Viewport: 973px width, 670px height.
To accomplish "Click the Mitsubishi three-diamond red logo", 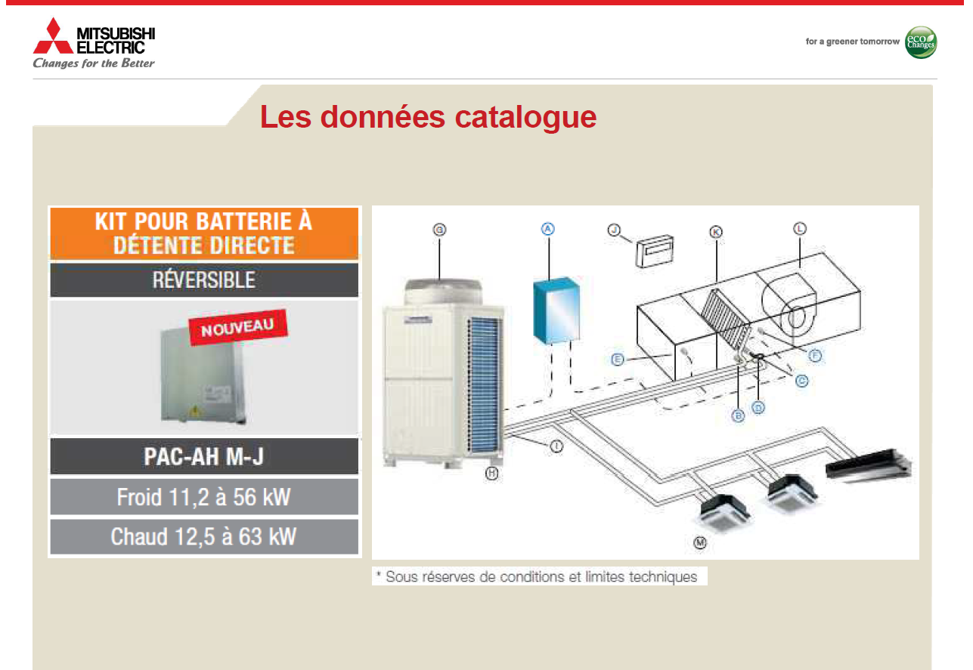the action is tap(53, 36).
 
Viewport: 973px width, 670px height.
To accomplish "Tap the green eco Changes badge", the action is tap(920, 42).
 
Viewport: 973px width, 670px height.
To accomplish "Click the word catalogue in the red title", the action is tap(525, 117).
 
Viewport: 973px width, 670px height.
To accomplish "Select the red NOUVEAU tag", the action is tap(237, 327).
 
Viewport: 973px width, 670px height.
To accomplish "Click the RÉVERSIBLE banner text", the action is tap(203, 280).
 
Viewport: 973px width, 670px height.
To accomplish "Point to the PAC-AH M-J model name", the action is tap(203, 456).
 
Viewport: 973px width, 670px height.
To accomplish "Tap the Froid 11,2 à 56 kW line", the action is tap(203, 497).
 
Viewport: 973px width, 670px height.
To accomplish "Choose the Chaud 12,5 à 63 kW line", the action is tap(203, 537).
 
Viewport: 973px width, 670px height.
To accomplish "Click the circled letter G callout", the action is tap(439, 230).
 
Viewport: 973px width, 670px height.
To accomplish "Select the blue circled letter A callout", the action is tap(548, 229).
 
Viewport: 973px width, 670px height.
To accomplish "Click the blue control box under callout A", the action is tap(556, 310).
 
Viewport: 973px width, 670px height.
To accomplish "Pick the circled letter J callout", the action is tap(614, 230).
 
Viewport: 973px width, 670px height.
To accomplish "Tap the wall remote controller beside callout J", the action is tap(655, 250).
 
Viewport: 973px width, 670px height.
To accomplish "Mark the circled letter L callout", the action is tap(800, 228).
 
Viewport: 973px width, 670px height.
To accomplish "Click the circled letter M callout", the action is tap(700, 542).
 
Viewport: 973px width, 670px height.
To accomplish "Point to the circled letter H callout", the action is tap(491, 473).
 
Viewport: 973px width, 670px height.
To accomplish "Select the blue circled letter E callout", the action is tap(617, 360).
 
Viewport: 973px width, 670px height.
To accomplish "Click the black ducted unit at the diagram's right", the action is tap(868, 465).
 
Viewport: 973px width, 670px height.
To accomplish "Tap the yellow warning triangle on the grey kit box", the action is tap(195, 410).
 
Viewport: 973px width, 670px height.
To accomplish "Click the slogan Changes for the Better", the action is tap(94, 63).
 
